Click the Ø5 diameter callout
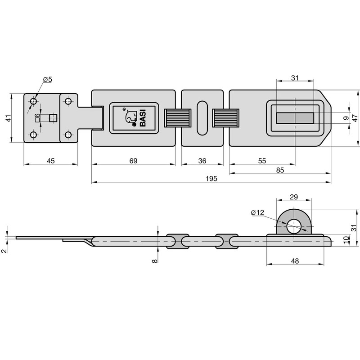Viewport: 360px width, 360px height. pyautogui.click(x=47, y=80)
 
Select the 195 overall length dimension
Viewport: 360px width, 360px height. pyautogui.click(x=211, y=179)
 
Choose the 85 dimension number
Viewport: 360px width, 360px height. pyautogui.click(x=279, y=170)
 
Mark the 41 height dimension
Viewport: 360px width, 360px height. pyautogui.click(x=8, y=119)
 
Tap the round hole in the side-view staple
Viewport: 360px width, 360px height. pyautogui.click(x=294, y=226)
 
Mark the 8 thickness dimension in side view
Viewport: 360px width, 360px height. pyautogui.click(x=155, y=260)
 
